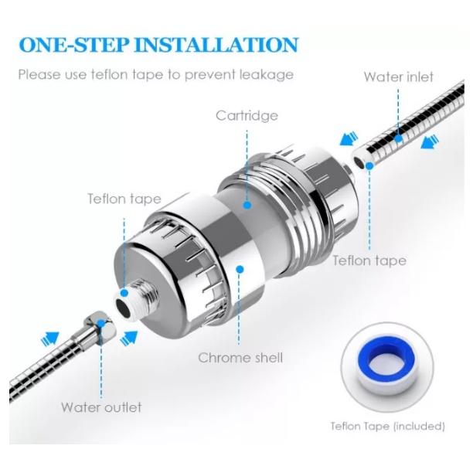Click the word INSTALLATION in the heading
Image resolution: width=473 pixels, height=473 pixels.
(216, 45)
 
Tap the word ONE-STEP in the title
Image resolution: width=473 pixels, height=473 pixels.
(74, 45)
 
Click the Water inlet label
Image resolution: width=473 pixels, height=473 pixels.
(399, 77)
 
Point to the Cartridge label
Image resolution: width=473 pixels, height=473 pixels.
(247, 116)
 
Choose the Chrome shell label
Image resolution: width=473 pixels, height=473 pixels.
(240, 358)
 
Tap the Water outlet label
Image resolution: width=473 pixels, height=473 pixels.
(101, 407)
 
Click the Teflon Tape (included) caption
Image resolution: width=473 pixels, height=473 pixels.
(388, 427)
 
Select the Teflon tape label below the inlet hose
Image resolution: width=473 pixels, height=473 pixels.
(369, 260)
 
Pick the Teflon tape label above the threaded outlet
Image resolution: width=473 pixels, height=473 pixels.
(124, 199)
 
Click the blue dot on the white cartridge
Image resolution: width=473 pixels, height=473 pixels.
(247, 206)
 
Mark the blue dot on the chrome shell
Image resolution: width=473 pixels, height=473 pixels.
(240, 270)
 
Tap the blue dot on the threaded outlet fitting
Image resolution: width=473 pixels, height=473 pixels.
(124, 293)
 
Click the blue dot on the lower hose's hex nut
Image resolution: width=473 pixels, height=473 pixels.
(101, 324)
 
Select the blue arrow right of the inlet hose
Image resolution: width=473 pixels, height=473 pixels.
(430, 141)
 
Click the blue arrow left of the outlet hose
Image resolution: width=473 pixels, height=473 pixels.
(49, 339)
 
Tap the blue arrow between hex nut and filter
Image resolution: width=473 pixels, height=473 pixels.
(129, 339)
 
